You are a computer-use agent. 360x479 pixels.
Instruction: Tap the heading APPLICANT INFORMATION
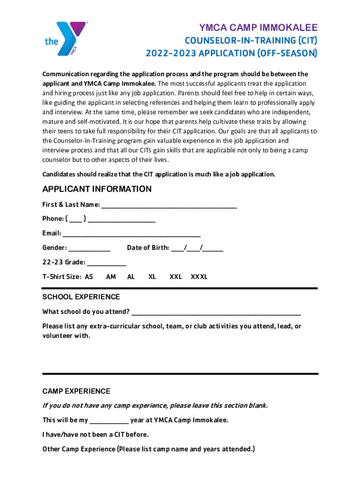(x=97, y=189)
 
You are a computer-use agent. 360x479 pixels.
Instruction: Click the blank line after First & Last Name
(x=169, y=205)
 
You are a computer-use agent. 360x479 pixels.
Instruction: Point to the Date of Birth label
(x=148, y=248)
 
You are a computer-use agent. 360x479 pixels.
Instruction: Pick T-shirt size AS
(x=89, y=277)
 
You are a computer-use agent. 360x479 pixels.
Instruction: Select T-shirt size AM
(x=111, y=277)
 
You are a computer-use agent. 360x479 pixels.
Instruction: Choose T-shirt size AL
(x=131, y=277)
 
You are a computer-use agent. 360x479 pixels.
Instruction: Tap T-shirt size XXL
(x=175, y=277)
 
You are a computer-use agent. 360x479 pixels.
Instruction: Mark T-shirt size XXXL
(x=199, y=277)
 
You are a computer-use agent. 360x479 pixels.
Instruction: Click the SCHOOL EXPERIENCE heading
(x=81, y=297)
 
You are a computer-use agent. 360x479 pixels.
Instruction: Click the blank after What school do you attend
(x=216, y=312)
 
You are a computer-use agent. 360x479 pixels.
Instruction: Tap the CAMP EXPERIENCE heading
(x=76, y=391)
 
